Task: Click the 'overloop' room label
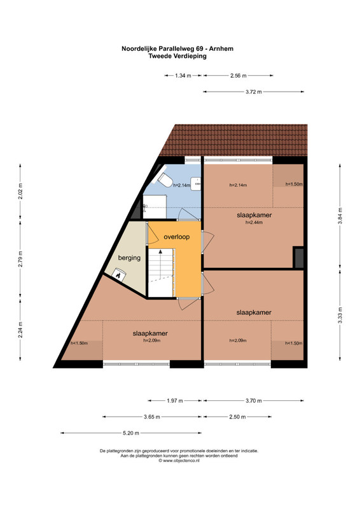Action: [x=177, y=237]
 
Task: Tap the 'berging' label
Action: [x=129, y=258]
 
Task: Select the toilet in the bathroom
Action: [x=165, y=180]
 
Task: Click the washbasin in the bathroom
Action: [x=196, y=183]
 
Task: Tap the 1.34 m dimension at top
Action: [x=183, y=76]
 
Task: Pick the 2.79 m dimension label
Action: [x=20, y=260]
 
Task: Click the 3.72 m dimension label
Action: [x=254, y=92]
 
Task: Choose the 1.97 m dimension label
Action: [x=175, y=401]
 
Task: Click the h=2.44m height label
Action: [x=254, y=223]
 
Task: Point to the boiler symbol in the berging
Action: [x=118, y=275]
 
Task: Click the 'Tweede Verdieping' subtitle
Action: [x=177, y=56]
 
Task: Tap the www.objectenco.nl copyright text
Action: [x=179, y=460]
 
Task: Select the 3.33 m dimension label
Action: [x=340, y=315]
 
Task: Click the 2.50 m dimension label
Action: [x=237, y=417]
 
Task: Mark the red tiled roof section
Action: [x=233, y=140]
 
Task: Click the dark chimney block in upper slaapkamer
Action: [x=298, y=258]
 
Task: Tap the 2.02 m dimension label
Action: [x=20, y=192]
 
